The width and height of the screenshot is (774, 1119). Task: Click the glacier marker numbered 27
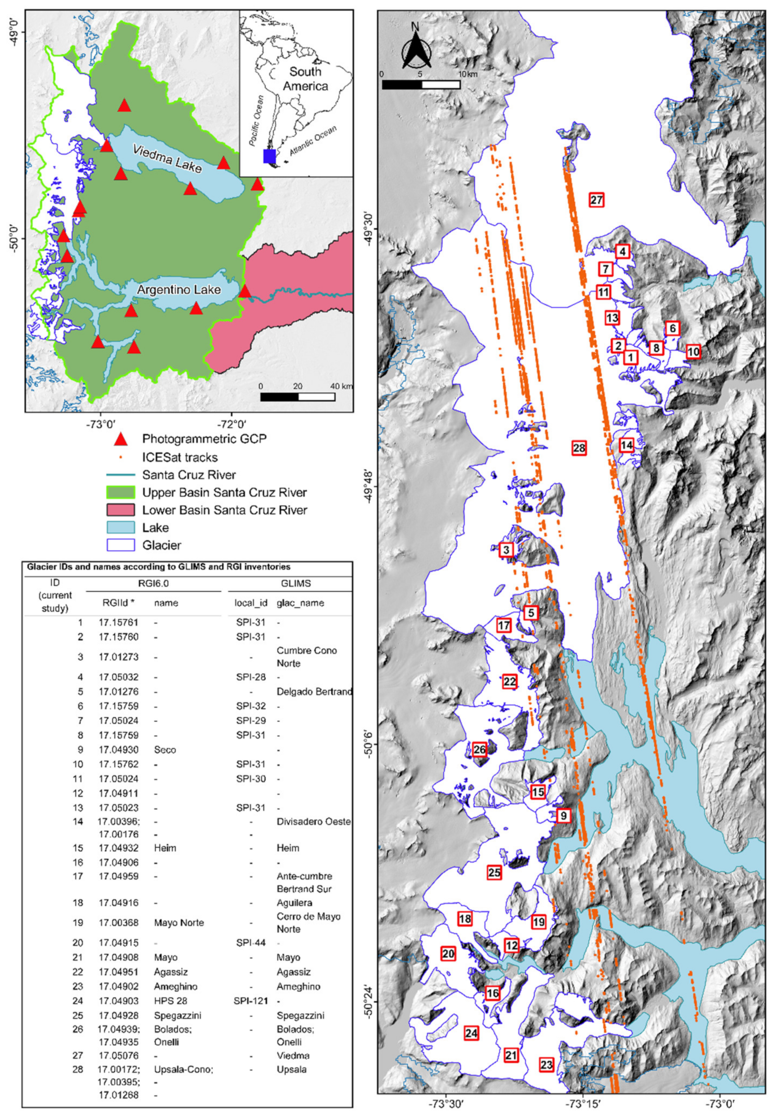coord(596,200)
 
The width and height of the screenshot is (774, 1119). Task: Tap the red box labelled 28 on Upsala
coord(579,448)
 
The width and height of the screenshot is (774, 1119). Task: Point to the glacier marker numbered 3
coord(506,550)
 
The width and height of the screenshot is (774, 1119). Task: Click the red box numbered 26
coord(480,749)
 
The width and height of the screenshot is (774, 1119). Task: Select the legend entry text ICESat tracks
coord(180,457)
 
